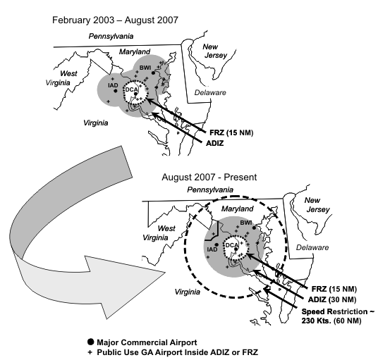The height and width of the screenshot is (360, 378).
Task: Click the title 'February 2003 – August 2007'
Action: point(115,20)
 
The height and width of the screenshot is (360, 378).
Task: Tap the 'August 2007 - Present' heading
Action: point(209,178)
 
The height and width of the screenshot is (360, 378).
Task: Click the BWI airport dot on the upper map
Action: point(153,73)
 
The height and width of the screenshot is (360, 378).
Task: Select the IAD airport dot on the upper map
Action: point(116,91)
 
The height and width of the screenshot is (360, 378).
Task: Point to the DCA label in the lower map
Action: point(232,245)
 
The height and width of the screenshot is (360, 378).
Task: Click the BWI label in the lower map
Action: point(246,223)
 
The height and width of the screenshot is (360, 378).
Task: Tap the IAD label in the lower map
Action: point(212,249)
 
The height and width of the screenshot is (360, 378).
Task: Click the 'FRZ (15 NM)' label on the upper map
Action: point(231,132)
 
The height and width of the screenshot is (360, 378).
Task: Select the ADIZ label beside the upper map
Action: point(215,143)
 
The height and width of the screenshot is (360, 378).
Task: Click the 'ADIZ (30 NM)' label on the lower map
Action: point(332,299)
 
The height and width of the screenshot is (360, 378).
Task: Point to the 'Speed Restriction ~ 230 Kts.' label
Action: point(338,316)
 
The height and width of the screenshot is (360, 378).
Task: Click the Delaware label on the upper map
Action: point(210,92)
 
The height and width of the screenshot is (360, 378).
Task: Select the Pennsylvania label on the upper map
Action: point(111,36)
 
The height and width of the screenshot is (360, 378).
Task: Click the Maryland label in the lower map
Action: point(237,209)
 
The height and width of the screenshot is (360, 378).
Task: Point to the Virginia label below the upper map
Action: point(96,123)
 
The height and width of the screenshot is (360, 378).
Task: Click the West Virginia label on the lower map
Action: point(159,233)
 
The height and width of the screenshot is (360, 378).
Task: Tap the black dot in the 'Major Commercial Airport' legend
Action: point(91,342)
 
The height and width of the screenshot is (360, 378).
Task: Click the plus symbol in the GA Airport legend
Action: point(90,352)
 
